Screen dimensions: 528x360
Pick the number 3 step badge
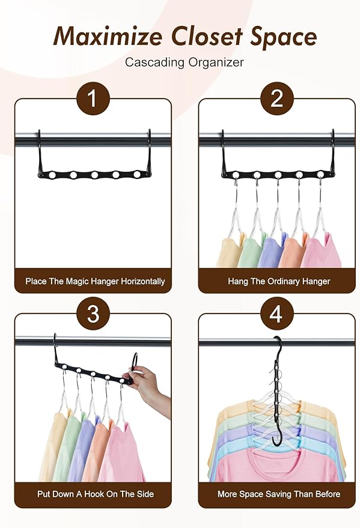(93, 314)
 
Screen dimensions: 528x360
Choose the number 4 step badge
(276, 314)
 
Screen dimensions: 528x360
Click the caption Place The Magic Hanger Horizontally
(95, 281)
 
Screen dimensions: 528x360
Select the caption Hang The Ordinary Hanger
(279, 281)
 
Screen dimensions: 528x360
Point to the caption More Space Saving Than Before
(279, 494)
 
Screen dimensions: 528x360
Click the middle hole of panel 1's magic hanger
(94, 175)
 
